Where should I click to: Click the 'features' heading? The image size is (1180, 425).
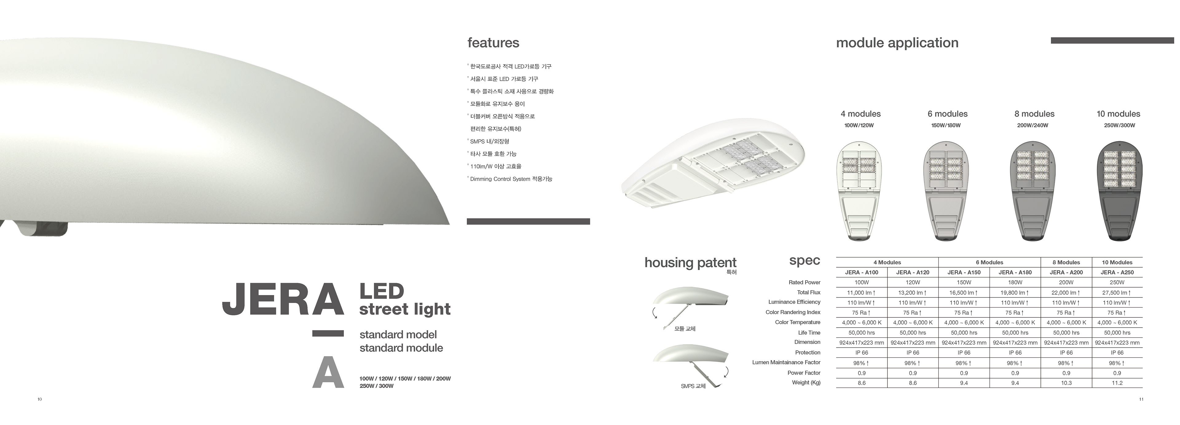(x=493, y=43)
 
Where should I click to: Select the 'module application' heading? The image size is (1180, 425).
(x=897, y=43)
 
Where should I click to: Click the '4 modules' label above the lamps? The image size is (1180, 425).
(x=860, y=114)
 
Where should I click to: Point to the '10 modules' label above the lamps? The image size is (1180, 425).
(x=1118, y=114)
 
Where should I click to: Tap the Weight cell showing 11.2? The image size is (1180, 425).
(x=1117, y=383)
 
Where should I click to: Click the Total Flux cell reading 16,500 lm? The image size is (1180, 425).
(x=964, y=293)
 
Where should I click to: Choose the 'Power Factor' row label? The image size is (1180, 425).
(x=804, y=373)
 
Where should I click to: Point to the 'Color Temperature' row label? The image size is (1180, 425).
(x=797, y=322)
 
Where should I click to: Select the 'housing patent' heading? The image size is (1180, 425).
(x=690, y=262)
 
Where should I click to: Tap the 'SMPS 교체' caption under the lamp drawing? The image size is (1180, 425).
(x=693, y=386)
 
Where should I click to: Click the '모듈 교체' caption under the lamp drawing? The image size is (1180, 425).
(x=685, y=329)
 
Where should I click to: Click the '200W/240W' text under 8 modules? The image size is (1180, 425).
(x=1032, y=125)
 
